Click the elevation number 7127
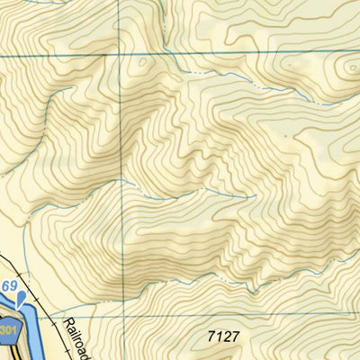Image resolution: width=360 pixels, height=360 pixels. click(x=223, y=337)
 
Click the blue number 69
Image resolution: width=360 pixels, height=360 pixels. click(x=9, y=286)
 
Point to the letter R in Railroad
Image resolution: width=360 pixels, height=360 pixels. click(x=67, y=321)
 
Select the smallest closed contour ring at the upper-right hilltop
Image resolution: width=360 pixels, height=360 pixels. click(x=347, y=69)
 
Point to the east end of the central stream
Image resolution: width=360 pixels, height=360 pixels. click(x=236, y=192)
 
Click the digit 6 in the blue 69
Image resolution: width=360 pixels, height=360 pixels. click(x=5, y=286)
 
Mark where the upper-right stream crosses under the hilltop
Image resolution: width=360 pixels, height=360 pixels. click(x=297, y=90)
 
